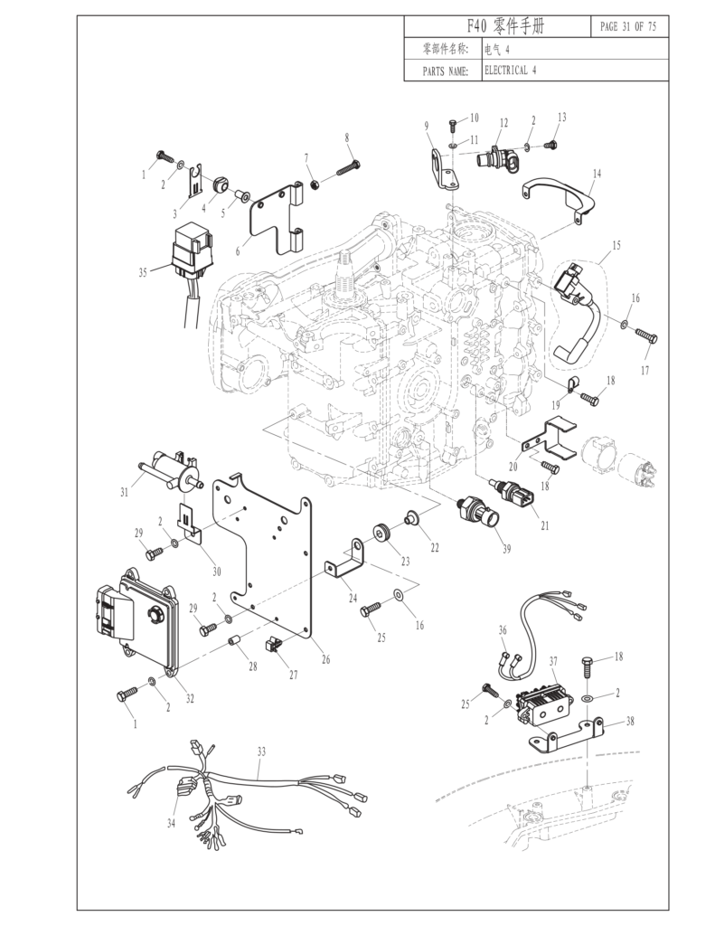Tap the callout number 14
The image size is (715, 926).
click(597, 172)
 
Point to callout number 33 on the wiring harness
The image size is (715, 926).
click(261, 751)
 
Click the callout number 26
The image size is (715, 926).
click(325, 659)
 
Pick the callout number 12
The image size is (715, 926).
click(503, 122)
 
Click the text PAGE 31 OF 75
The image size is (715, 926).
click(628, 26)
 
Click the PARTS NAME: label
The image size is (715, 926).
click(445, 71)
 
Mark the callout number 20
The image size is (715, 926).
click(513, 467)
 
